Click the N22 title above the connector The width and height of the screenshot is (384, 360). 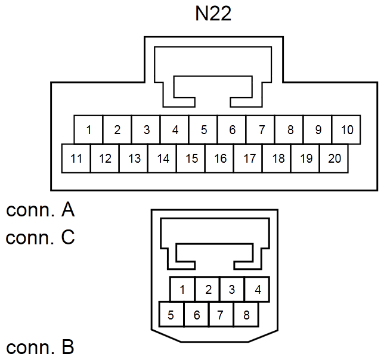click(x=213, y=14)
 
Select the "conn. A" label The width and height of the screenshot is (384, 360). click(x=40, y=210)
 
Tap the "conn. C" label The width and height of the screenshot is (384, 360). click(x=40, y=237)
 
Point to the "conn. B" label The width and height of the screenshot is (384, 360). click(x=40, y=347)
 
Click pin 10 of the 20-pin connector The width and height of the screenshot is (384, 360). click(x=346, y=130)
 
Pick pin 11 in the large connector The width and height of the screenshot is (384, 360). click(x=76, y=159)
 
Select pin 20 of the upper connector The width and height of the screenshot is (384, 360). click(x=334, y=159)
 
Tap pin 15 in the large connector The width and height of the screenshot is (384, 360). click(x=191, y=159)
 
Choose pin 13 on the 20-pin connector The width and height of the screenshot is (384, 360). click(x=133, y=159)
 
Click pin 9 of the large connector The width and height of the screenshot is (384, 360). click(x=318, y=130)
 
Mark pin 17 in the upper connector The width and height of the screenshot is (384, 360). click(x=248, y=159)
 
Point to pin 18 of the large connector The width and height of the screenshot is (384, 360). click(x=277, y=159)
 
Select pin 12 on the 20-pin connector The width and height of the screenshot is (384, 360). click(x=104, y=159)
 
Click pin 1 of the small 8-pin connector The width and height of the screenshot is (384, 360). click(x=182, y=289)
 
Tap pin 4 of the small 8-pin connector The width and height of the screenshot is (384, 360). click(x=257, y=289)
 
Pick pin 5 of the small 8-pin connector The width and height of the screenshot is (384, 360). click(x=172, y=315)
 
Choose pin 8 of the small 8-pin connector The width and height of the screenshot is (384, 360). click(x=246, y=315)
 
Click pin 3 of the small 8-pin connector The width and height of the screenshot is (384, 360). click(x=232, y=289)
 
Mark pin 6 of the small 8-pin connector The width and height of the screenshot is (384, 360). click(x=196, y=315)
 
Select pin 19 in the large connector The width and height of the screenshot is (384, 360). click(x=305, y=159)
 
